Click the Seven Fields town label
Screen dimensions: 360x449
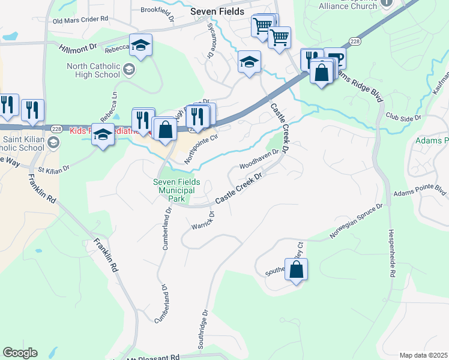(217, 11)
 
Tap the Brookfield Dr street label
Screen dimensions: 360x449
(157, 10)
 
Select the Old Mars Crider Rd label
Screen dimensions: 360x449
(80, 20)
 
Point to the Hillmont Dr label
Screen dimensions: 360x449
(77, 46)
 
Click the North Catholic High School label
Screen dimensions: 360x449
(93, 70)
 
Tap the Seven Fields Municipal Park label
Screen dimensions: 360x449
(176, 190)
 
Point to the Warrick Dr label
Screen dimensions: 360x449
(203, 220)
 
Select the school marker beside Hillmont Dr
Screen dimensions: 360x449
(141, 46)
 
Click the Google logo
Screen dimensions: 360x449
(20, 353)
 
